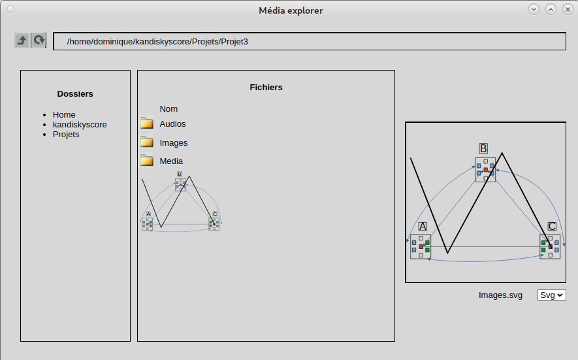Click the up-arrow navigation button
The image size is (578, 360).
click(22, 41)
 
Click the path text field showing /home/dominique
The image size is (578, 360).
click(310, 41)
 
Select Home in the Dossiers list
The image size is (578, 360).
click(64, 115)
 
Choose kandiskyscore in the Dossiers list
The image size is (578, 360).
click(80, 125)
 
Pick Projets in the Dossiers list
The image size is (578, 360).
click(66, 134)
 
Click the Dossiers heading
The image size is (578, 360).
click(75, 93)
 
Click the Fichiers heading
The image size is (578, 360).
click(266, 88)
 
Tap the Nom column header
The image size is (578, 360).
click(169, 109)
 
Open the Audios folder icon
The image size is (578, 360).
click(147, 123)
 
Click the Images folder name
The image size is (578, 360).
click(174, 142)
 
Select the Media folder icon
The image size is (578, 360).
click(147, 160)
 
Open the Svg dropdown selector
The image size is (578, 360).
click(551, 295)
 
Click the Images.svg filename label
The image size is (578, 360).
click(500, 295)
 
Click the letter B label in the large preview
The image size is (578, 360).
click(483, 149)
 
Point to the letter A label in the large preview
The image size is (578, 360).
click(423, 227)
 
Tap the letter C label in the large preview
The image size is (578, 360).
click(552, 227)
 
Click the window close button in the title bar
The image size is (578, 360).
click(568, 9)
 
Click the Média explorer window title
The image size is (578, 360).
click(291, 10)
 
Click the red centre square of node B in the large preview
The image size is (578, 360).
click(486, 170)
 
